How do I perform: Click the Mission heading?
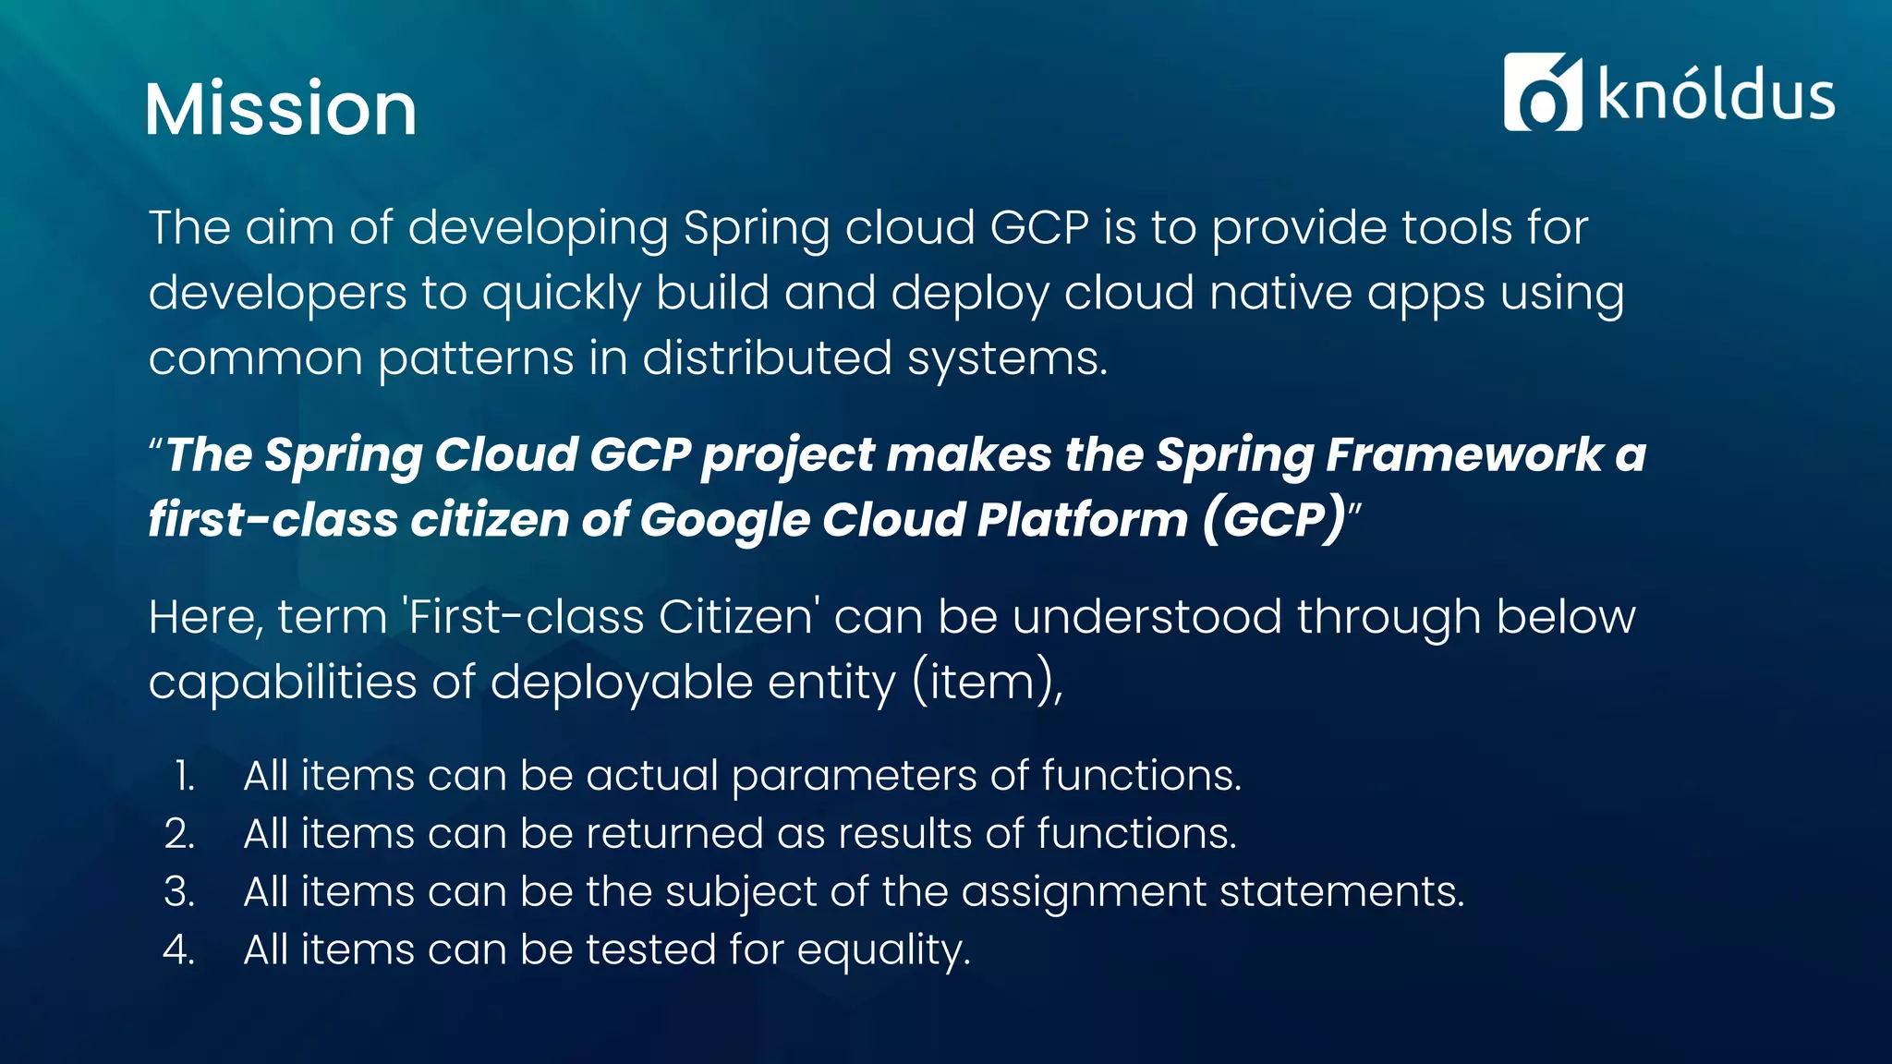pyautogui.click(x=281, y=109)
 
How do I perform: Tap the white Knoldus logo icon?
pyautogui.click(x=1542, y=92)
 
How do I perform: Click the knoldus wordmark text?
pyautogui.click(x=1716, y=95)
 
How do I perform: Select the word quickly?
pyautogui.click(x=561, y=294)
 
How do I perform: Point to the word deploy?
pyautogui.click(x=969, y=294)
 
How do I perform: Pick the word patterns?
pyautogui.click(x=476, y=358)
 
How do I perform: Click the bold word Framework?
pyautogui.click(x=1464, y=454)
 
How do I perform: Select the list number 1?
pyautogui.click(x=184, y=776)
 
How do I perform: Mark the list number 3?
pyautogui.click(x=179, y=892)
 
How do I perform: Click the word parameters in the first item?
pyautogui.click(x=854, y=776)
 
